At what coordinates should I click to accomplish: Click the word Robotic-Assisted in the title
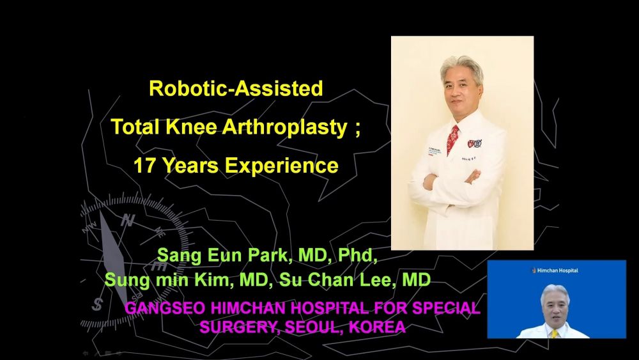pyautogui.click(x=236, y=88)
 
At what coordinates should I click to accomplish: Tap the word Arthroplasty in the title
pyautogui.click(x=285, y=127)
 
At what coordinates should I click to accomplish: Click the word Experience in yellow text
pyautogui.click(x=282, y=166)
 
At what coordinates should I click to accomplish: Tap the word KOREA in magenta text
pyautogui.click(x=378, y=327)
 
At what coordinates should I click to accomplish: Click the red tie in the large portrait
pyautogui.click(x=452, y=139)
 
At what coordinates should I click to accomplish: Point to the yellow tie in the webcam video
pyautogui.click(x=554, y=334)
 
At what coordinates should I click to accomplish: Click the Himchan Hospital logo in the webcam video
pyautogui.click(x=555, y=270)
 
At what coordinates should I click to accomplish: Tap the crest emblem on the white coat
pyautogui.click(x=475, y=143)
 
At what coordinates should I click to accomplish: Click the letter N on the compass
pyautogui.click(x=128, y=221)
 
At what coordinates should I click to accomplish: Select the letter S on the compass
pyautogui.click(x=97, y=304)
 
